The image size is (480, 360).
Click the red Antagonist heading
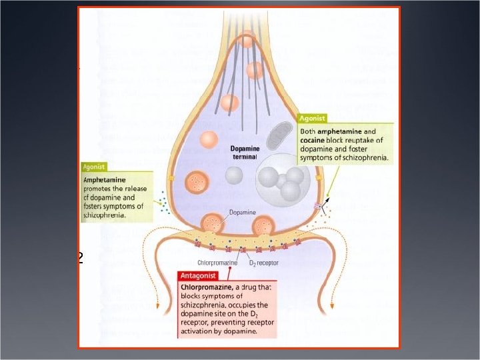[x=200, y=275]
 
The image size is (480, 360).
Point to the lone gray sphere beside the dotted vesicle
[x=234, y=175]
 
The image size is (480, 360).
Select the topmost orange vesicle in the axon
[x=247, y=40]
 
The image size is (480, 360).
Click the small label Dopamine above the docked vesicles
[x=242, y=212]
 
